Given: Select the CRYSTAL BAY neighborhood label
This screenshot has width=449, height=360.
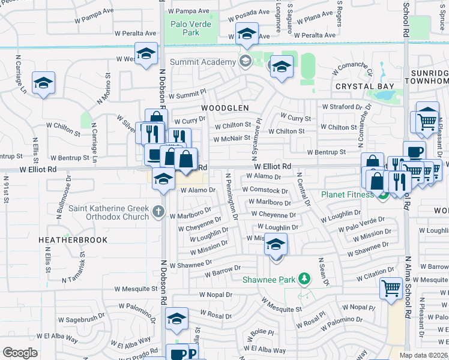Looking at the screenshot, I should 365,86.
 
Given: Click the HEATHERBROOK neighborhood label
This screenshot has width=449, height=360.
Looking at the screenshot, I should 73,240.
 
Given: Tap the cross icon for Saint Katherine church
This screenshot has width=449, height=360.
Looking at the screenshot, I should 158,211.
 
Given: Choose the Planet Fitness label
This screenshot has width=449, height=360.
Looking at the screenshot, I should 351,194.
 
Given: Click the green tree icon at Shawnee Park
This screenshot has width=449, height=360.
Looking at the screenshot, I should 305,279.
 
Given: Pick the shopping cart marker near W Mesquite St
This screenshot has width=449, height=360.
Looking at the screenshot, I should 391,289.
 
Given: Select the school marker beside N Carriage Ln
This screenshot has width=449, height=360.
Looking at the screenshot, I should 43,83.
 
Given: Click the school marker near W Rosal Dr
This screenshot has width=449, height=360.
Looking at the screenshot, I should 176,319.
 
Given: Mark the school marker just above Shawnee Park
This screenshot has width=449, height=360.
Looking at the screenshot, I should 276,245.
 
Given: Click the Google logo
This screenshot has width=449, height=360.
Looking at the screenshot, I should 20,353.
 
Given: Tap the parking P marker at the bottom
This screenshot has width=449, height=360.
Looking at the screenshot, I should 193,353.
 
